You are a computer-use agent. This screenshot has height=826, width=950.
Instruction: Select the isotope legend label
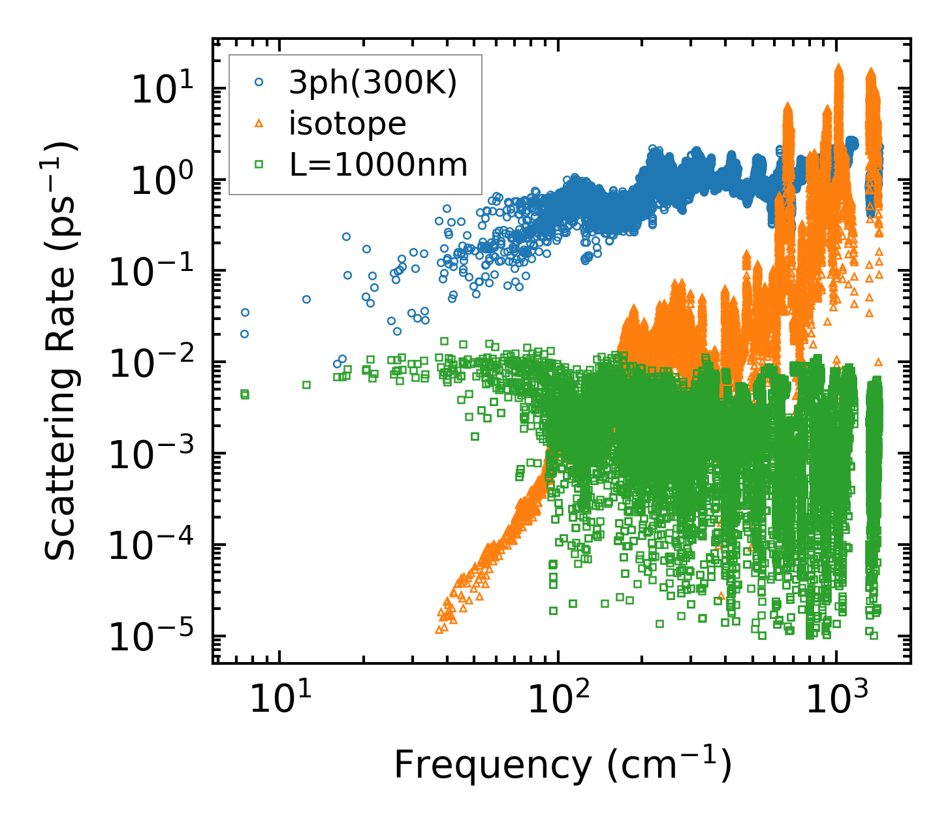(x=347, y=123)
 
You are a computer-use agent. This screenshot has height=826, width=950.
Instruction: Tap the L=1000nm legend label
(x=379, y=165)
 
